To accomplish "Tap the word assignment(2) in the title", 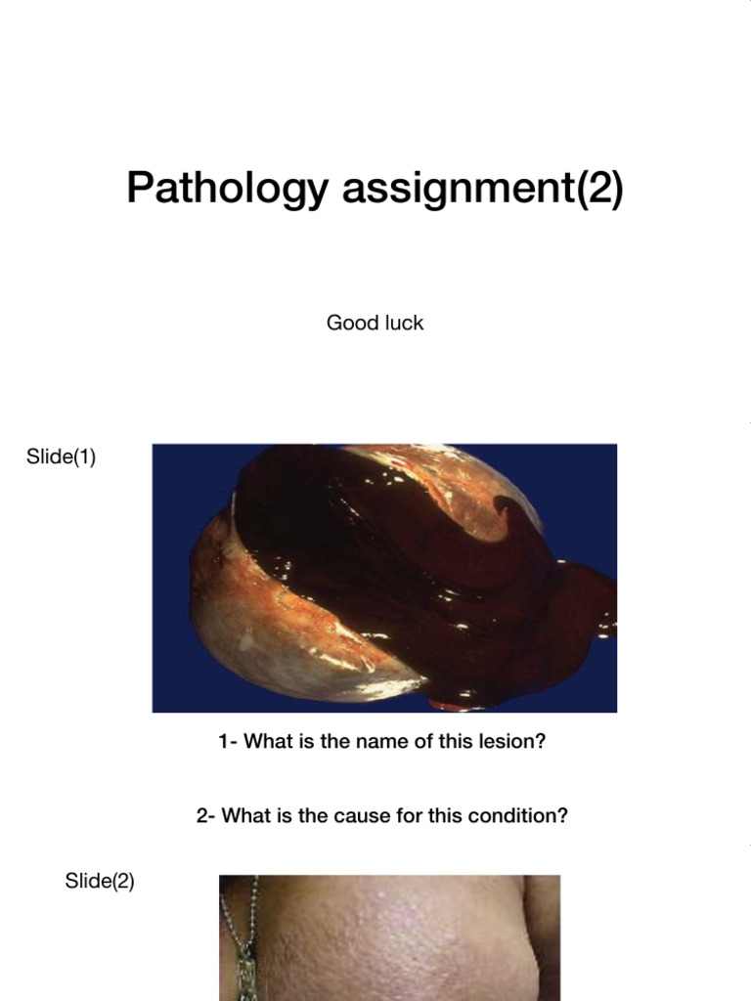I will point(482,189).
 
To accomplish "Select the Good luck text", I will point(375,323).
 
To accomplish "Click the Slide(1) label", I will point(61,457).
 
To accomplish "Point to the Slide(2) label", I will point(100,881).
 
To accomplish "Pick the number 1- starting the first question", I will point(228,741).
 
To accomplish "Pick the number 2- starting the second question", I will point(205,815).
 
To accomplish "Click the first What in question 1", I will point(266,741).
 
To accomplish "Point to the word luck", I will point(405,323).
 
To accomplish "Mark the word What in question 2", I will point(244,815).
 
